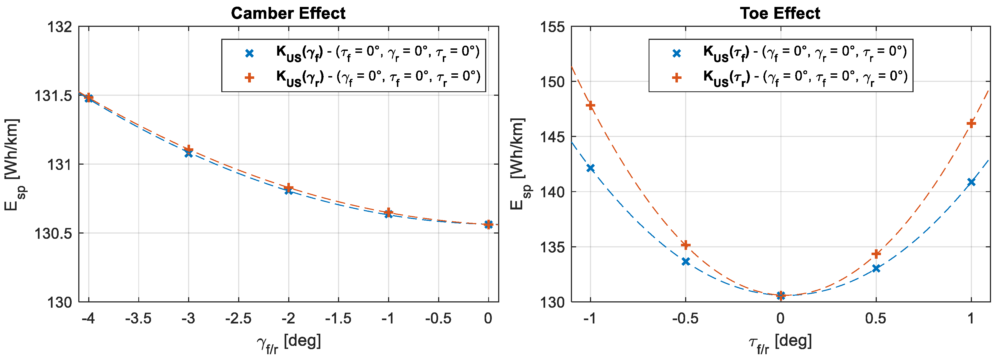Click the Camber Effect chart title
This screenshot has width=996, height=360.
click(x=288, y=14)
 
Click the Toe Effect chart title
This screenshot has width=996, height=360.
click(x=780, y=14)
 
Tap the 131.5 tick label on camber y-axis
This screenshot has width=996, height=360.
click(x=54, y=96)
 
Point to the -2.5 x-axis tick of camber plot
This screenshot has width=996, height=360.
click(x=238, y=318)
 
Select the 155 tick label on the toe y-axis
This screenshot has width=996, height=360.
click(x=552, y=27)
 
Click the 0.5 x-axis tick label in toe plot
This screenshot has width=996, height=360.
click(x=876, y=318)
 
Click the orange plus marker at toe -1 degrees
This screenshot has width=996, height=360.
click(x=591, y=105)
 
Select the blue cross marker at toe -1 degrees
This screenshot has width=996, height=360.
click(x=591, y=168)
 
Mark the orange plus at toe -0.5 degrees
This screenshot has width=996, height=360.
click(x=685, y=245)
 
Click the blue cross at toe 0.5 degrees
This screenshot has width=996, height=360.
click(x=876, y=268)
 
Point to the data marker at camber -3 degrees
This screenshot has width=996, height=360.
click(x=188, y=151)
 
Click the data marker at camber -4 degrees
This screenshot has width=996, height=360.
click(x=89, y=97)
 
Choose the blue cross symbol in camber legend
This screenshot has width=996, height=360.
click(x=250, y=53)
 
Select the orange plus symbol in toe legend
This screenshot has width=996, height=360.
click(x=677, y=78)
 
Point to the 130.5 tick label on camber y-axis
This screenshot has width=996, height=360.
click(x=54, y=234)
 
